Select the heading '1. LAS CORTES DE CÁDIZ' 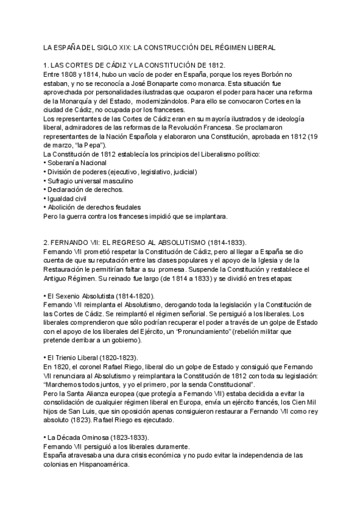point(89,65)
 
